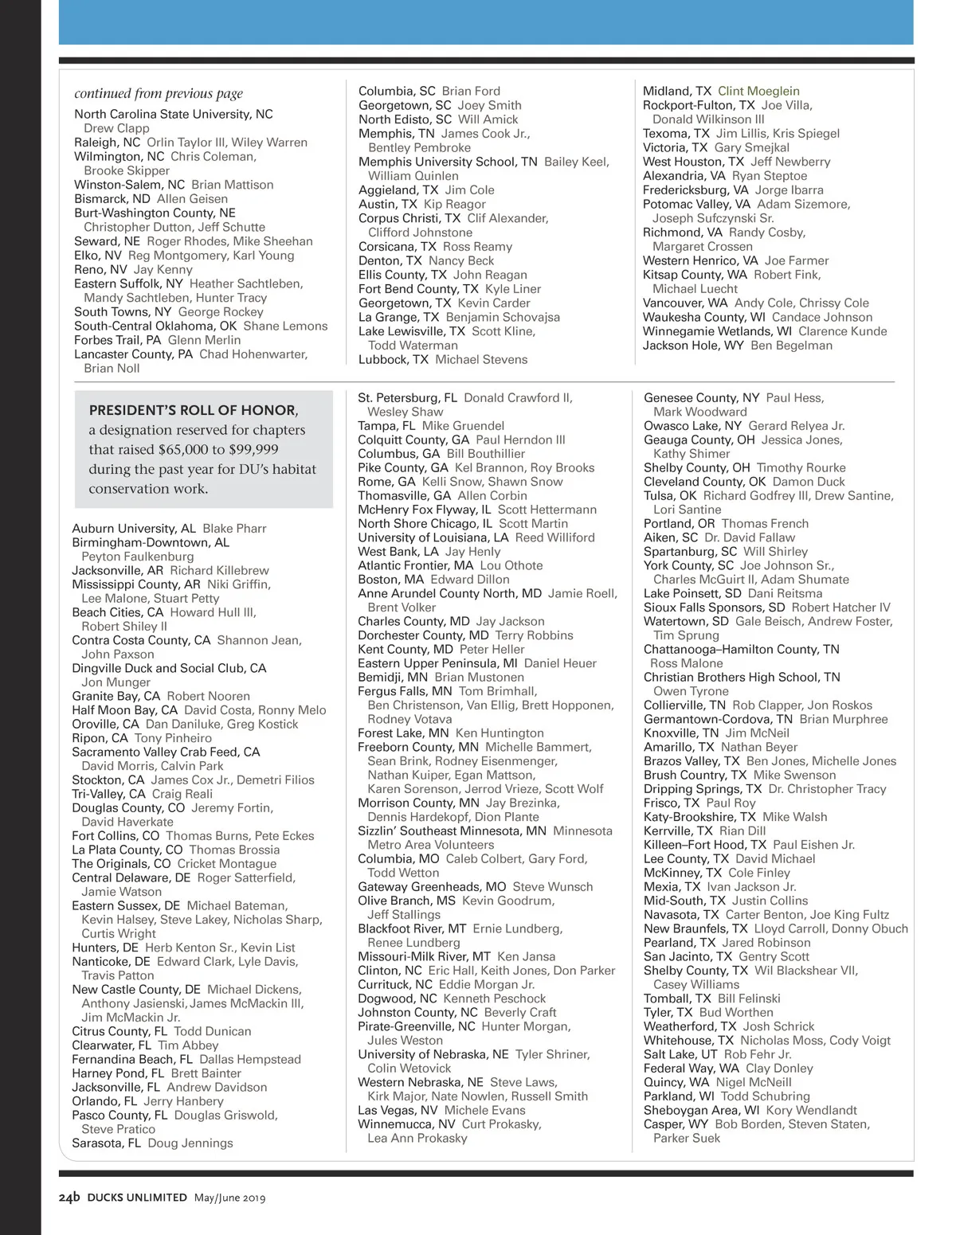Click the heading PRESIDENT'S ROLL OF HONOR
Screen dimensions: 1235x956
pos(192,411)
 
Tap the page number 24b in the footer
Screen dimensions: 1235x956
pos(69,1197)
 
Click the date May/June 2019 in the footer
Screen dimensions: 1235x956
pos(229,1198)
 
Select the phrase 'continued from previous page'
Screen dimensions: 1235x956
pos(159,94)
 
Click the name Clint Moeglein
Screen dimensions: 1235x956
pos(758,92)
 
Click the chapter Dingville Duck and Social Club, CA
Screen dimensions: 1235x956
pos(169,669)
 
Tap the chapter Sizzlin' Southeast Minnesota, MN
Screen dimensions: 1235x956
pos(452,831)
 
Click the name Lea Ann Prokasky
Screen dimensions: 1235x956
pos(417,1139)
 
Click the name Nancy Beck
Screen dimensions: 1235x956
pos(460,261)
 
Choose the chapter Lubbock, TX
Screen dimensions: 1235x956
pos(393,360)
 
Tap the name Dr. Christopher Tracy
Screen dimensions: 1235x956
pos(827,789)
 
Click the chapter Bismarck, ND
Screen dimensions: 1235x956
pos(112,199)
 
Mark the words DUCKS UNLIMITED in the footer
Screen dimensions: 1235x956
pos(137,1198)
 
